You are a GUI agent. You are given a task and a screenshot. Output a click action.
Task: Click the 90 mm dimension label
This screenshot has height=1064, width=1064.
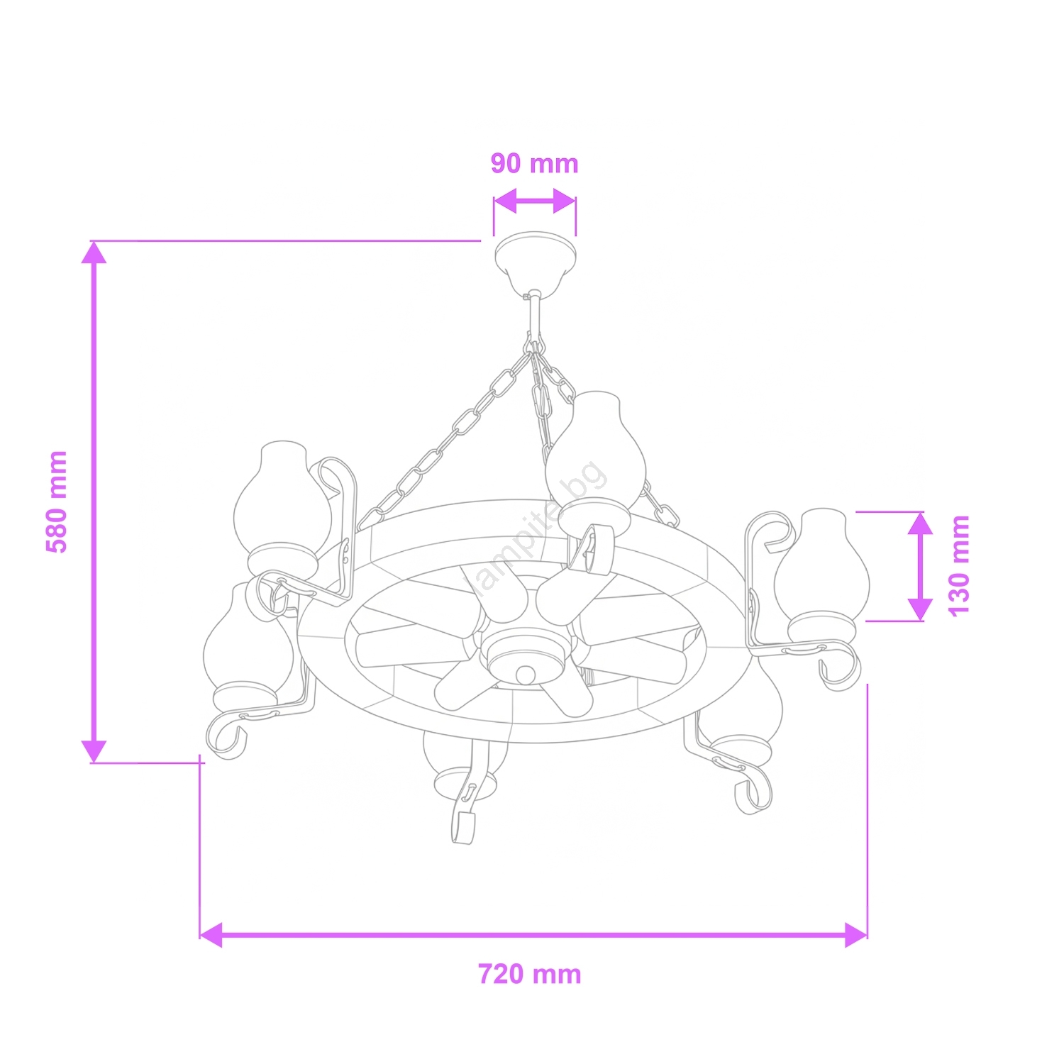pyautogui.click(x=535, y=163)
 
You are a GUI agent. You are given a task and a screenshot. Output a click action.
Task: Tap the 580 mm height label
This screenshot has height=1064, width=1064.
pyautogui.click(x=57, y=501)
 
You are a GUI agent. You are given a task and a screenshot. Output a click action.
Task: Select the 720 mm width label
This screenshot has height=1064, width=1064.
pyautogui.click(x=530, y=974)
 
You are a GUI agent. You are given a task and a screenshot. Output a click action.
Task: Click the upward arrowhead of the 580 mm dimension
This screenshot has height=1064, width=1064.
pyautogui.click(x=94, y=253)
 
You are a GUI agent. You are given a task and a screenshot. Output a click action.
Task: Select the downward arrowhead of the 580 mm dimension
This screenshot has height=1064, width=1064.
pyautogui.click(x=94, y=751)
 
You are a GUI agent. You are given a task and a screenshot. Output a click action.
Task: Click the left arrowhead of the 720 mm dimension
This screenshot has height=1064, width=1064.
pyautogui.click(x=211, y=935)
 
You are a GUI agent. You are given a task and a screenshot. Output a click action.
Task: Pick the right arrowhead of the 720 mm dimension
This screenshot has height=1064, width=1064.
pyautogui.click(x=856, y=935)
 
